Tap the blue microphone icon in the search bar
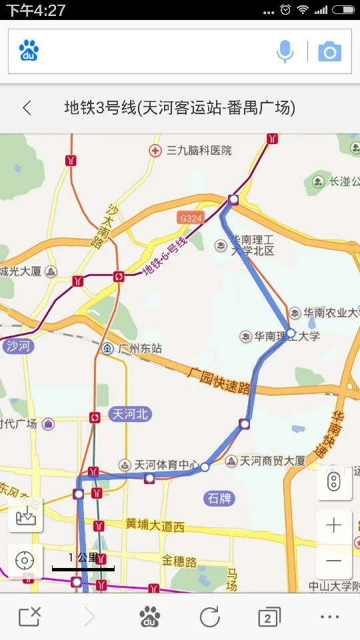click(x=285, y=51)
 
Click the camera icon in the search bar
click(x=329, y=51)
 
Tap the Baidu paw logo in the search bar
click(x=29, y=51)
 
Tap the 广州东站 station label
click(x=139, y=348)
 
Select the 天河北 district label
click(x=130, y=414)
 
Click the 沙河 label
click(x=18, y=346)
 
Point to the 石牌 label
click(x=219, y=498)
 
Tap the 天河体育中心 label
click(x=166, y=465)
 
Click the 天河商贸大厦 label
click(x=271, y=461)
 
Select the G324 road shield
click(x=190, y=218)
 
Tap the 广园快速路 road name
click(x=219, y=379)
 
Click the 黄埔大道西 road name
click(x=154, y=525)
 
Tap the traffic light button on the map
click(x=334, y=483)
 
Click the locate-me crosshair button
click(x=25, y=561)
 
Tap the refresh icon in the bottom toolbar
click(x=209, y=617)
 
